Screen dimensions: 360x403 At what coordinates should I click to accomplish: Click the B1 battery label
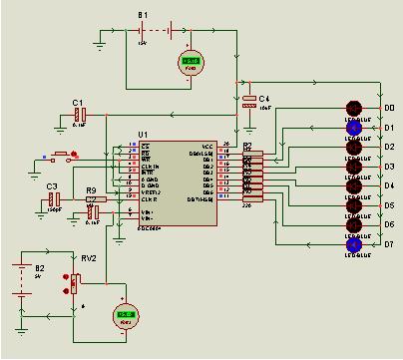pyautogui.click(x=143, y=15)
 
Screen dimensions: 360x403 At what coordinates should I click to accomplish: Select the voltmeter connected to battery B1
pyautogui.click(x=190, y=63)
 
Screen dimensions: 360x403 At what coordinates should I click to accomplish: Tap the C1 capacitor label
pyautogui.click(x=78, y=103)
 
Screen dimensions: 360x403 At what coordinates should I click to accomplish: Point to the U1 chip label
pyautogui.click(x=143, y=134)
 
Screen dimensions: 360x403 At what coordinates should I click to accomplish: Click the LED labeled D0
pyautogui.click(x=352, y=108)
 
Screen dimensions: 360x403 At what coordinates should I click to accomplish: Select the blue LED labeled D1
pyautogui.click(x=352, y=128)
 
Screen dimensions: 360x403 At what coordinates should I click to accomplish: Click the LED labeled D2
pyautogui.click(x=352, y=147)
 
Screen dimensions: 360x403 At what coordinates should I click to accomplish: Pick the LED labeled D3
pyautogui.click(x=352, y=167)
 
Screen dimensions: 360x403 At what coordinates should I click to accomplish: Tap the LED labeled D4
pyautogui.click(x=352, y=186)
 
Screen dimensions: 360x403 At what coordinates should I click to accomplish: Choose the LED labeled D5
pyautogui.click(x=352, y=205)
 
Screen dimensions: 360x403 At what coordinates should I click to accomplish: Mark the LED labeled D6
pyautogui.click(x=352, y=225)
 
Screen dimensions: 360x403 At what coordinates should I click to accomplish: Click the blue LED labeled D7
pyautogui.click(x=352, y=244)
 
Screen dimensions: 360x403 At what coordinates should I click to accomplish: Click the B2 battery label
pyautogui.click(x=40, y=268)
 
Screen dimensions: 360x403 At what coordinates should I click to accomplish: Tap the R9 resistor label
pyautogui.click(x=91, y=189)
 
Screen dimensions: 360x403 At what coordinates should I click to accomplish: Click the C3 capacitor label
pyautogui.click(x=52, y=186)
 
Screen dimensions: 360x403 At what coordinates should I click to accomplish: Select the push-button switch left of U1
pyautogui.click(x=65, y=156)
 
